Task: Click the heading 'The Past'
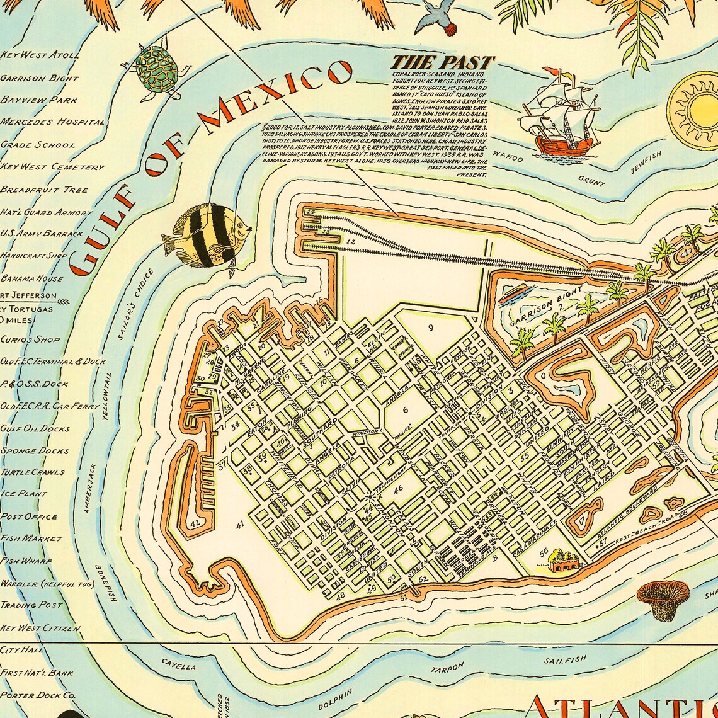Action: coord(442,62)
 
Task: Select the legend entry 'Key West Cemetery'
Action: coord(52,167)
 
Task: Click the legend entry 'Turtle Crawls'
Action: coord(33,472)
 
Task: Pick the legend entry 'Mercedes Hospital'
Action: coord(52,122)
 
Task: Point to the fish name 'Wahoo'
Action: coord(508,156)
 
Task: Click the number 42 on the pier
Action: coord(195,522)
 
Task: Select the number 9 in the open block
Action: coord(431,328)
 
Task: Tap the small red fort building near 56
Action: coord(563,561)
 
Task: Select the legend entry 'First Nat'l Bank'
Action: coord(37,673)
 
